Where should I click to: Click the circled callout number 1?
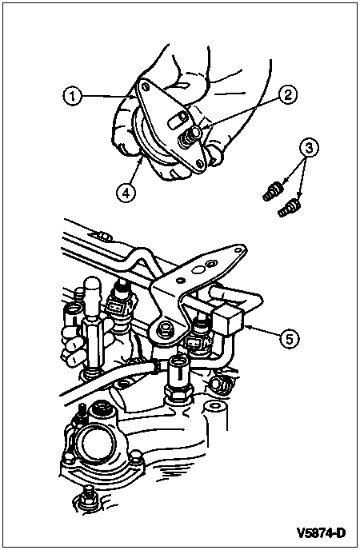coord(72,96)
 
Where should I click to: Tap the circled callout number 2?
coord(288,95)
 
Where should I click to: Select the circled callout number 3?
coord(309,148)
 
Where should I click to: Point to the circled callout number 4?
coord(126,192)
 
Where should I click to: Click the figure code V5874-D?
coord(321,532)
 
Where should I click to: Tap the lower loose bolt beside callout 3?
coord(289,207)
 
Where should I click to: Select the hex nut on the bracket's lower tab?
coord(163,329)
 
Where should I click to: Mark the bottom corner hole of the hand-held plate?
coord(199,163)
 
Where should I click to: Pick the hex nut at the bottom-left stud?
coord(86,496)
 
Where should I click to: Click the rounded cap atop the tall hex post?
coord(92,286)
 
